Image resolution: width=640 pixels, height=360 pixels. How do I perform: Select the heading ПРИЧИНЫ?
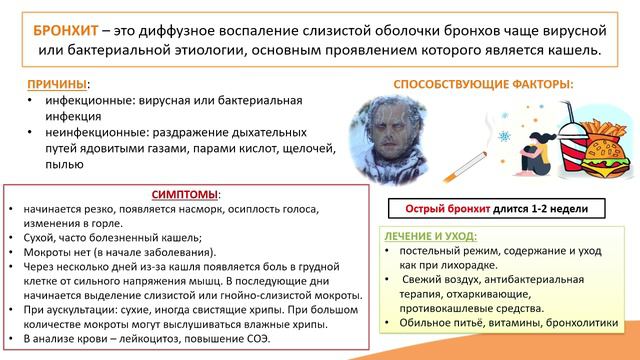coord(51,87)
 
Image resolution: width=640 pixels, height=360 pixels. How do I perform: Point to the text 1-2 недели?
coord(559,209)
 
